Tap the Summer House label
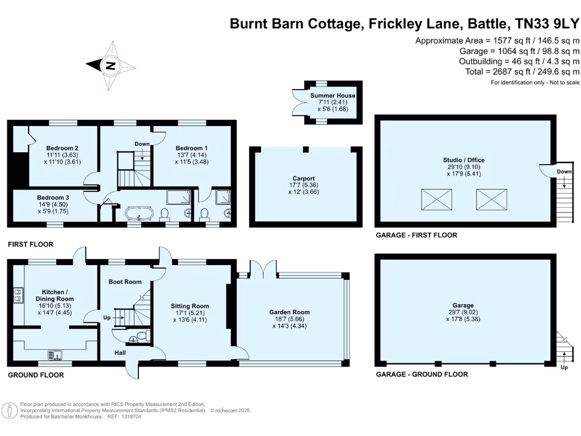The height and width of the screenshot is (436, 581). (x=332, y=96)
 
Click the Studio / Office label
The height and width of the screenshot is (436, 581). (x=464, y=160)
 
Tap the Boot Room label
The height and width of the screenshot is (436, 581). (x=125, y=282)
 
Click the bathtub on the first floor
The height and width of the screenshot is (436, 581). (x=138, y=215)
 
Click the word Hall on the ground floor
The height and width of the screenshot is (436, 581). (x=120, y=353)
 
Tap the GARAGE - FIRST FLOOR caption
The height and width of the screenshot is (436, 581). (x=416, y=235)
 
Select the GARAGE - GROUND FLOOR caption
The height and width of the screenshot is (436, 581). (x=422, y=374)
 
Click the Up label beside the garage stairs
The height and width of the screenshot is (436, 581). (x=563, y=368)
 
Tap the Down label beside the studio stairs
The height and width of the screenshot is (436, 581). (x=564, y=171)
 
